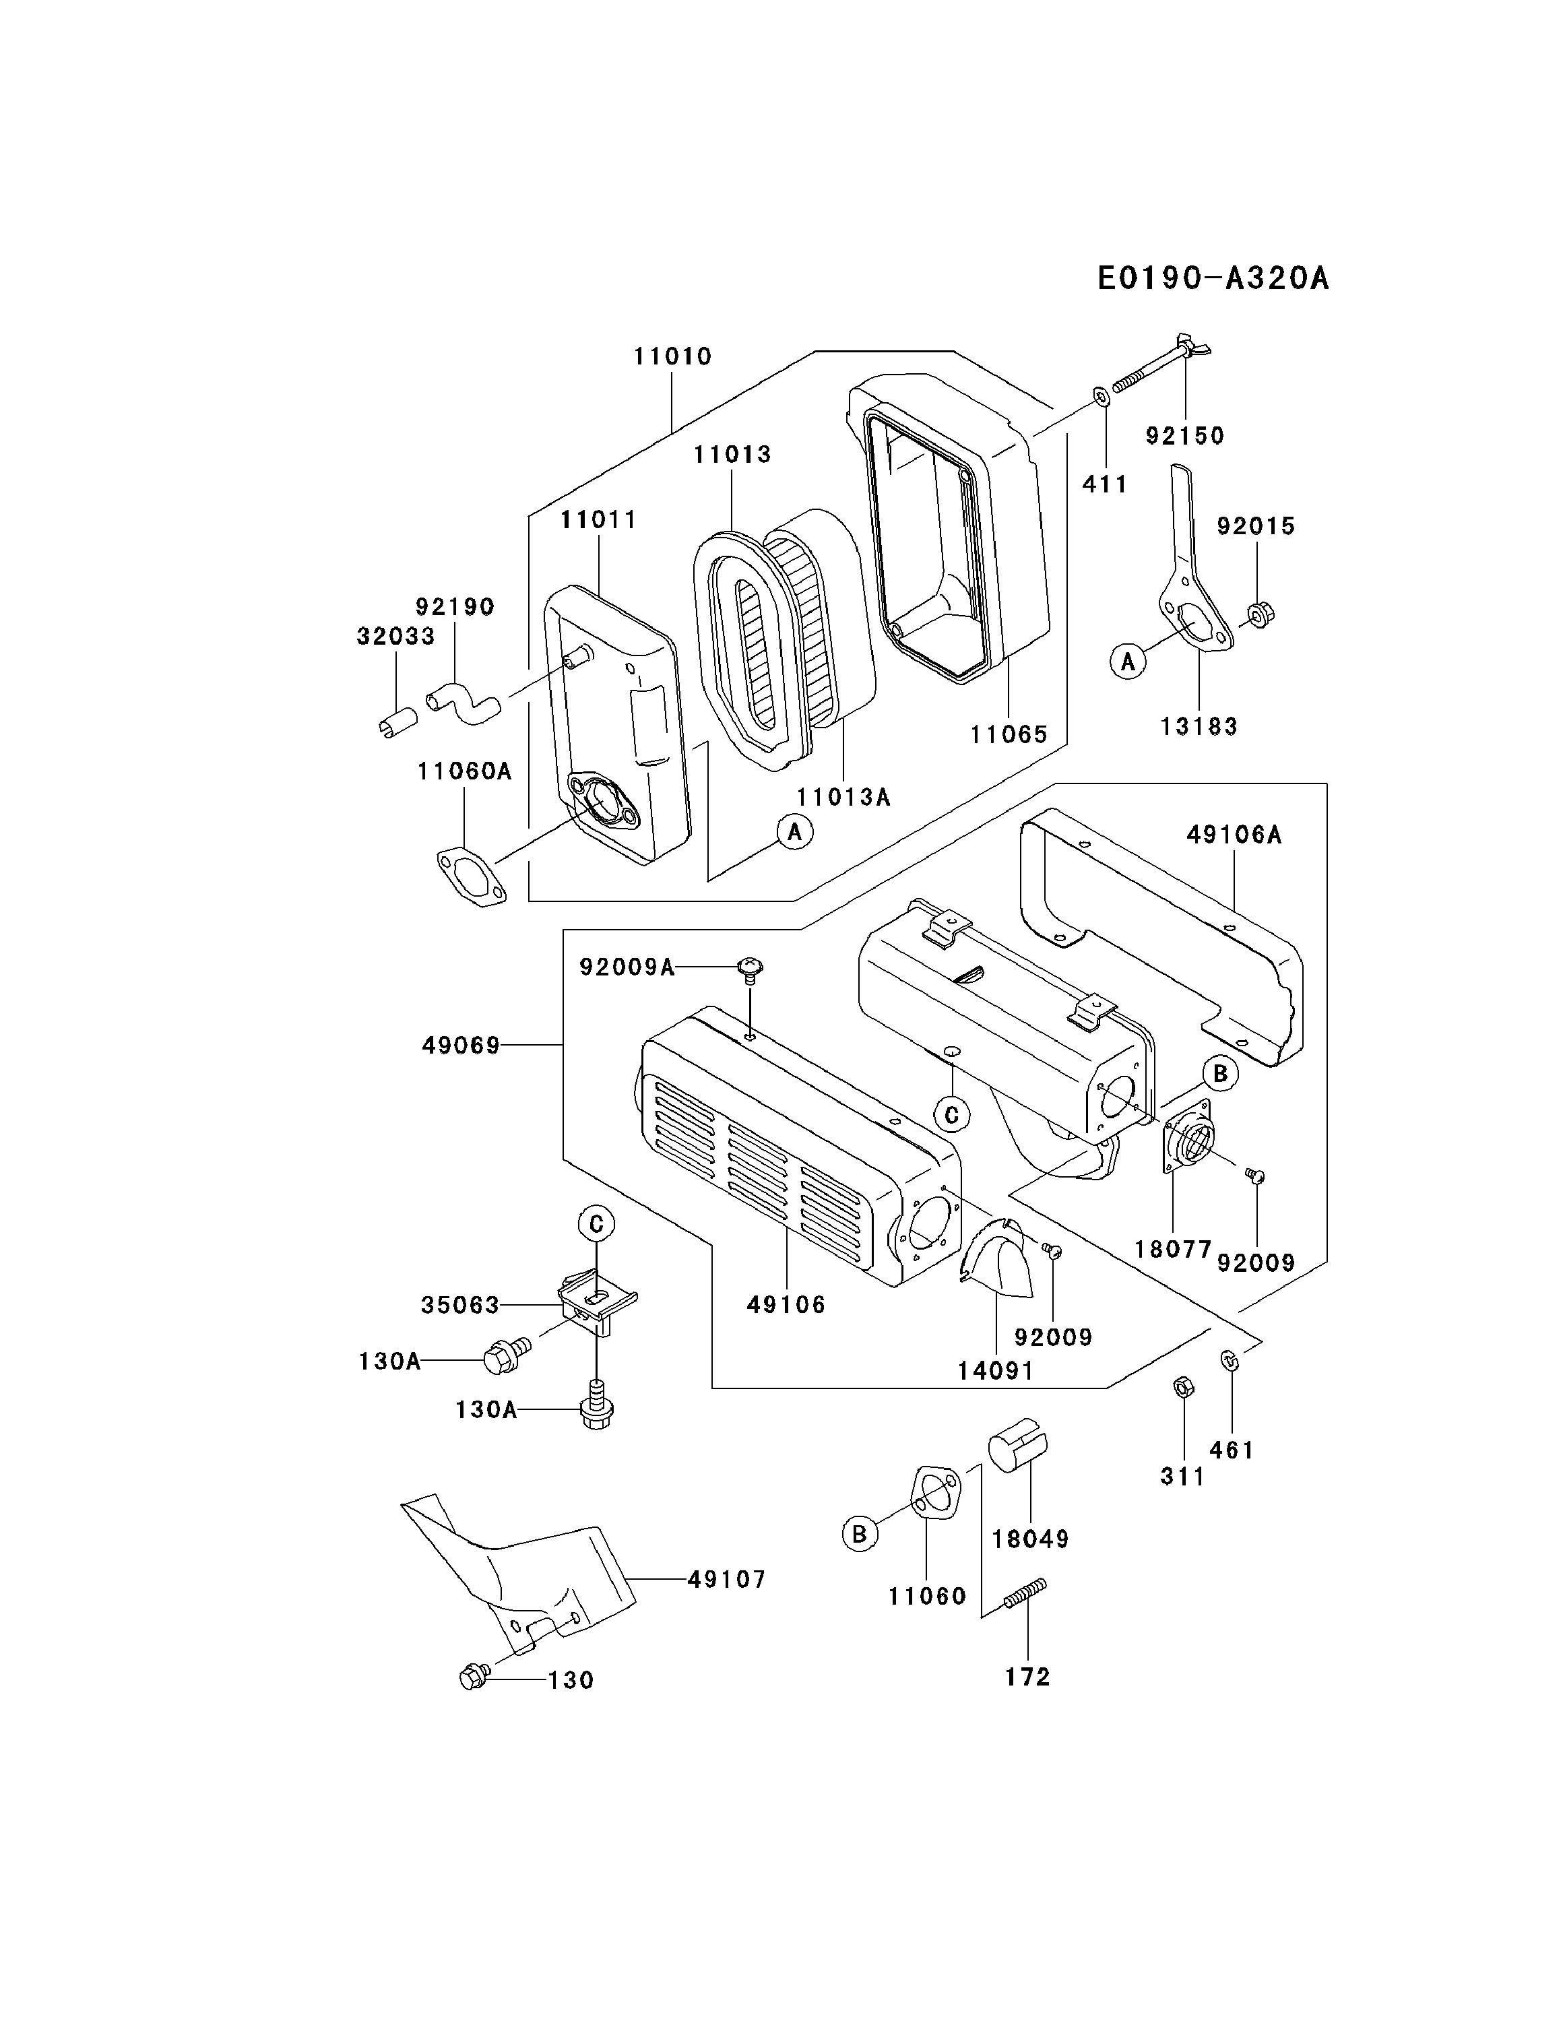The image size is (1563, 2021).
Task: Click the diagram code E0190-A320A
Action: click(1212, 278)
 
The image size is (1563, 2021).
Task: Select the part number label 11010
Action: click(673, 357)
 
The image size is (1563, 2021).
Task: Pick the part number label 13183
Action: click(1199, 726)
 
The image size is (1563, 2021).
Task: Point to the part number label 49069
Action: click(461, 1046)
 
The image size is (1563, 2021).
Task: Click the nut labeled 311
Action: click(1182, 1387)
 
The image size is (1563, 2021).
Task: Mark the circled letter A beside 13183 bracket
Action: click(1128, 662)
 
